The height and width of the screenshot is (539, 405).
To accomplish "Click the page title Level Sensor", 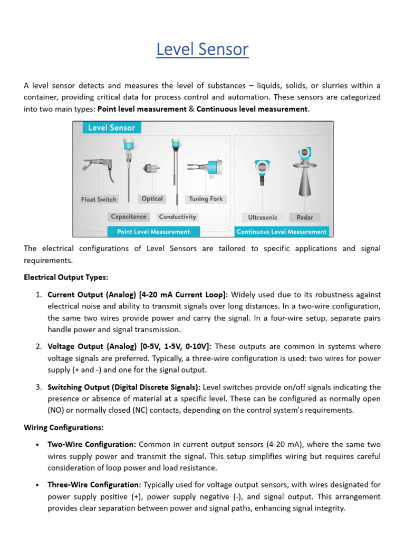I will pyautogui.click(x=202, y=49).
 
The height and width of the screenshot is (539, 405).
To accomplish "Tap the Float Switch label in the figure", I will pyautogui.click(x=99, y=199).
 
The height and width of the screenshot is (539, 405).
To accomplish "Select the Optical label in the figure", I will pyautogui.click(x=152, y=198).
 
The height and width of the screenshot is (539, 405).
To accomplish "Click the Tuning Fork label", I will pyautogui.click(x=206, y=199).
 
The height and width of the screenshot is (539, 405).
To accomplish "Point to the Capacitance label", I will pyautogui.click(x=129, y=216).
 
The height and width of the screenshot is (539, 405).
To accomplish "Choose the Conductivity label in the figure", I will pyautogui.click(x=177, y=216).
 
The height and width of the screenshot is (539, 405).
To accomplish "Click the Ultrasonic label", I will pyautogui.click(x=263, y=217).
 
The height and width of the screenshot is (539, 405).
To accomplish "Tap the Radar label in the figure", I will pyautogui.click(x=304, y=217).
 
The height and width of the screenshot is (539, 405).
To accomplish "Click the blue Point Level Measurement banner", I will pyautogui.click(x=153, y=232).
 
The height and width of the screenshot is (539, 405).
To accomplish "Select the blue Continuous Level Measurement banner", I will pyautogui.click(x=282, y=232).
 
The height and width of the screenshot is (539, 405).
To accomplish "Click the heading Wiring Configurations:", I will pyautogui.click(x=63, y=427).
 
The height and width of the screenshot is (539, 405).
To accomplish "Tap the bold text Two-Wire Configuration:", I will pyautogui.click(x=92, y=445).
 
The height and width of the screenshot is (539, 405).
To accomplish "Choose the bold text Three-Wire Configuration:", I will pyautogui.click(x=94, y=484).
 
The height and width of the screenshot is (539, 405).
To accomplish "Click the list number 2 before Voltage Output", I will pyautogui.click(x=39, y=346).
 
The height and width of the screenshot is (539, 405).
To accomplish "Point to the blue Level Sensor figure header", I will pyautogui.click(x=111, y=127).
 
